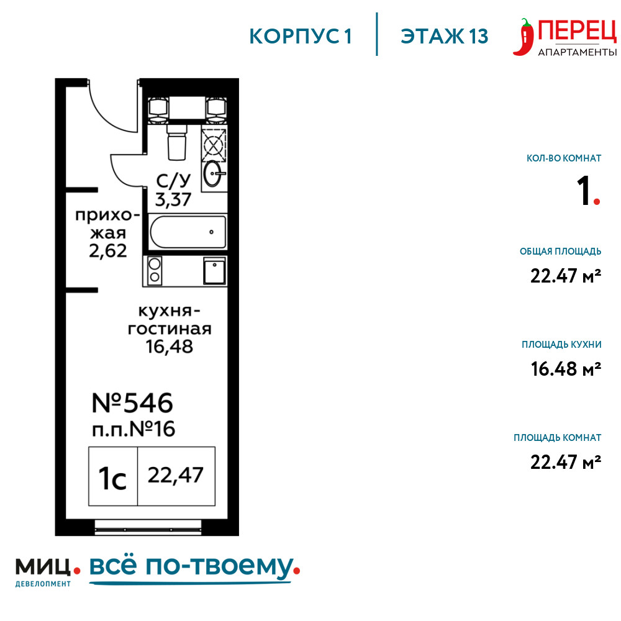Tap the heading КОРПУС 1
tap(301, 37)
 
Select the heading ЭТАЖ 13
tap(445, 37)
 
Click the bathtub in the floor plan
tap(188, 232)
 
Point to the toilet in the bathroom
tap(176, 142)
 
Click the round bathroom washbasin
tap(213, 173)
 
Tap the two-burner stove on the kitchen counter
tap(155, 270)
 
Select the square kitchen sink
tap(214, 271)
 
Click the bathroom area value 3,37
tap(173, 199)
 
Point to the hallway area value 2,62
tap(107, 251)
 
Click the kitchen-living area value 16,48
tap(169, 347)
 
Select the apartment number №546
tap(132, 403)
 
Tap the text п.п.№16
tap(134, 429)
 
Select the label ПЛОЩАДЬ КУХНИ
tap(561, 345)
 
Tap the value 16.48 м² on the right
tap(566, 369)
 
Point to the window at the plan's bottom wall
tap(148, 527)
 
